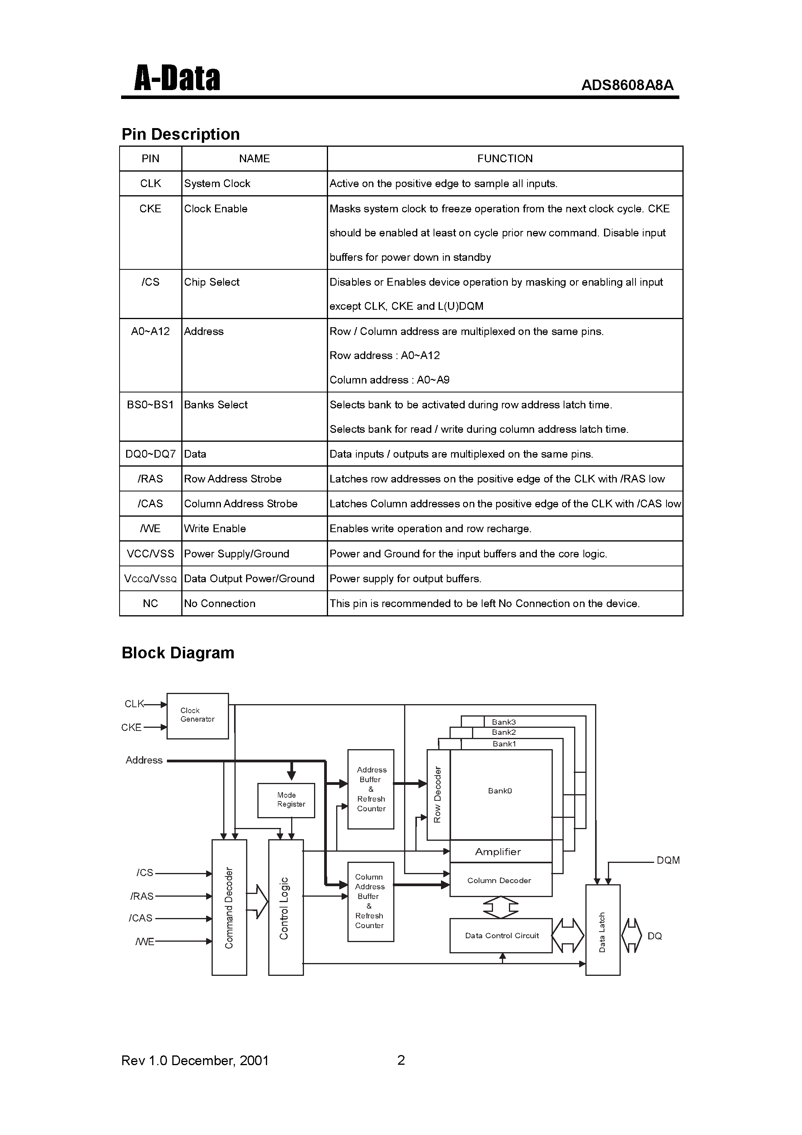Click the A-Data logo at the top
(x=177, y=79)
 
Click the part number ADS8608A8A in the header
(x=627, y=85)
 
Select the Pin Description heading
(x=181, y=134)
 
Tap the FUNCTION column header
(x=504, y=159)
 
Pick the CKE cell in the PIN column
(x=150, y=208)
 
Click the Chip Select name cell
(x=212, y=282)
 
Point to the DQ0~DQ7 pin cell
(x=150, y=454)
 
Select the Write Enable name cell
(x=215, y=528)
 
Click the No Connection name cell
(x=220, y=604)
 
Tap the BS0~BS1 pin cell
(x=150, y=405)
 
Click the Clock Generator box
(x=197, y=716)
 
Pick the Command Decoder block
(x=229, y=907)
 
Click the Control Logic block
(x=285, y=907)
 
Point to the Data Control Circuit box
(x=500, y=936)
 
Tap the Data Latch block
(x=602, y=930)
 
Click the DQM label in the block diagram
(x=668, y=861)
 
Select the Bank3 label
(x=503, y=722)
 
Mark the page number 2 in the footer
(x=401, y=1060)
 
